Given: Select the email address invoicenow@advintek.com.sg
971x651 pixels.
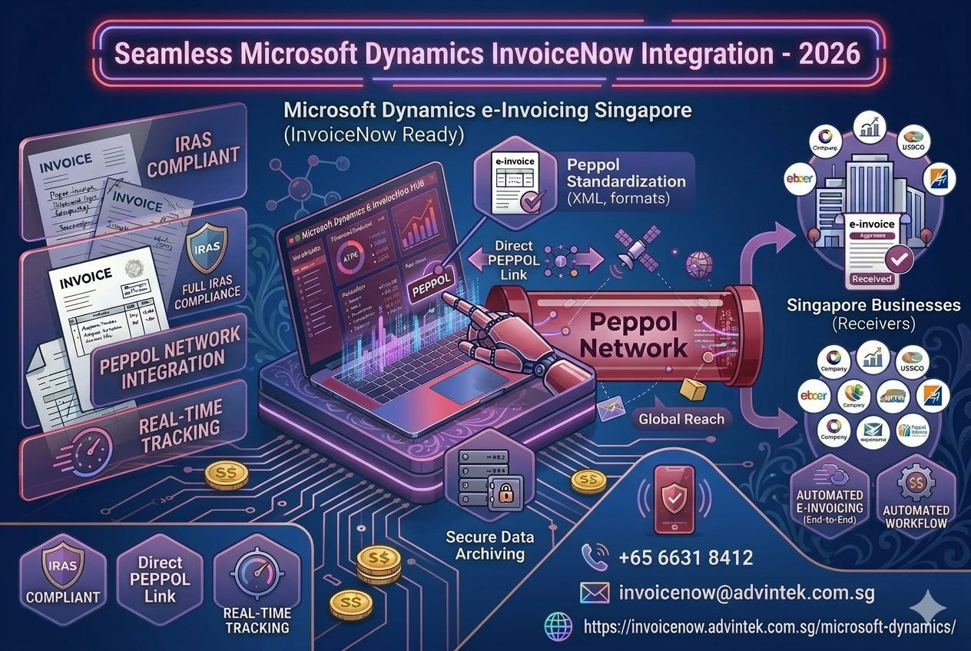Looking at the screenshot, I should [x=746, y=593].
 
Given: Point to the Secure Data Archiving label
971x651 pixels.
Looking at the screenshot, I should [x=490, y=545].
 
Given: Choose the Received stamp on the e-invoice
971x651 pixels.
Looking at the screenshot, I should [x=871, y=279].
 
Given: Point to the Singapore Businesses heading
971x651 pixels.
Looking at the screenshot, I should [x=873, y=305].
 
